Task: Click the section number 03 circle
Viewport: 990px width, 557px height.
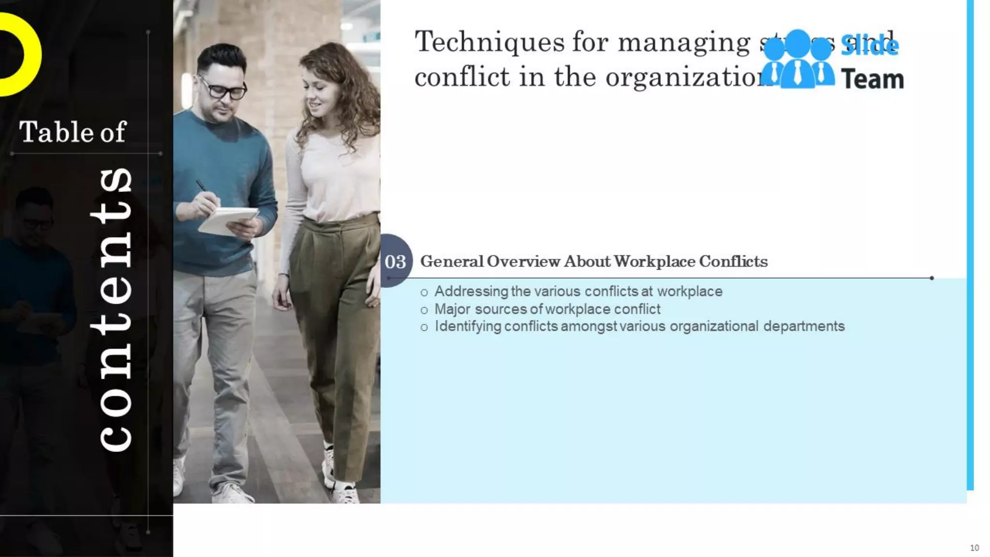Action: (x=396, y=261)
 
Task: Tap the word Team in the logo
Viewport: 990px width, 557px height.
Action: (x=872, y=79)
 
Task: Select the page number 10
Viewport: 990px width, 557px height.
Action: (x=974, y=548)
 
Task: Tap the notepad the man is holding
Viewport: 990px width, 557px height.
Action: (x=227, y=220)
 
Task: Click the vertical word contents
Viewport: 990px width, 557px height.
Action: (x=114, y=309)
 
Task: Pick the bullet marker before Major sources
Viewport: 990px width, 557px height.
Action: (x=424, y=310)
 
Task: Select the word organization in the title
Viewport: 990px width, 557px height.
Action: (x=686, y=77)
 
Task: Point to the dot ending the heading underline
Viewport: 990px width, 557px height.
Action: (x=932, y=278)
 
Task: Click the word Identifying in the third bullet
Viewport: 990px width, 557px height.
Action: (x=467, y=326)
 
